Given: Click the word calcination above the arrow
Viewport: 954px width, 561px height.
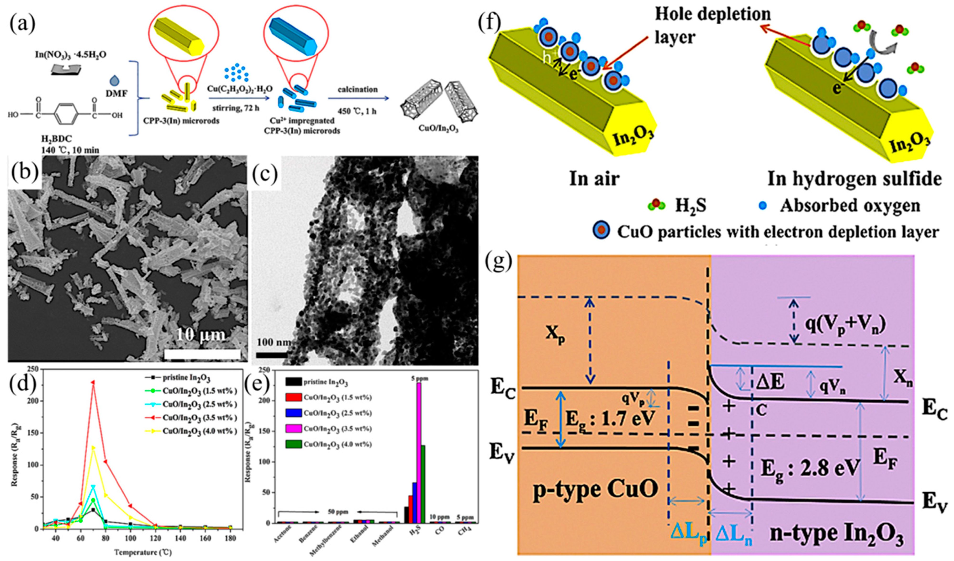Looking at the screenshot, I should [358, 90].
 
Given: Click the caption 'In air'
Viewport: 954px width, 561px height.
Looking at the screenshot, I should [594, 179].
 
